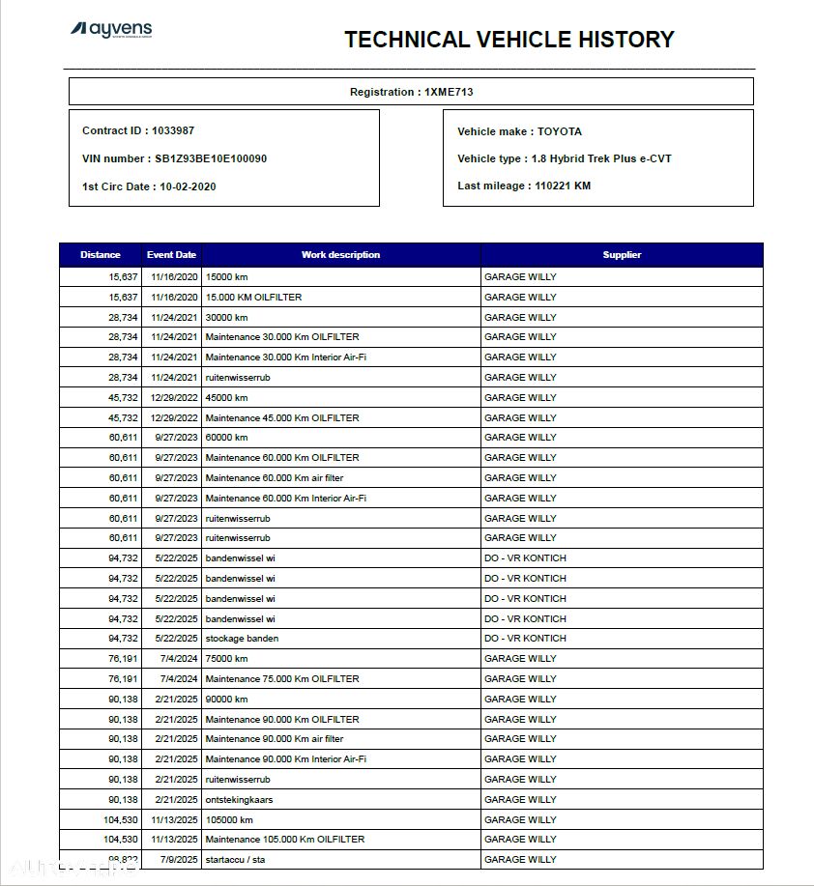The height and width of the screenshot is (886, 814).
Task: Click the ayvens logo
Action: tap(111, 30)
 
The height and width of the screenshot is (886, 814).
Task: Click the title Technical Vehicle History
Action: tap(509, 40)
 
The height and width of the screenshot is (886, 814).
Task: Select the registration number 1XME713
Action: tap(448, 92)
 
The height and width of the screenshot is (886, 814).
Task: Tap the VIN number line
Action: tap(174, 158)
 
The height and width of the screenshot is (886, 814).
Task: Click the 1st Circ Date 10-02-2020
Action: tap(149, 186)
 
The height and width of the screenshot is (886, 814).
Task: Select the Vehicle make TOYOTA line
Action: tap(519, 131)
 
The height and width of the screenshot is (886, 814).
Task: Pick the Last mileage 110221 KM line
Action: tap(523, 186)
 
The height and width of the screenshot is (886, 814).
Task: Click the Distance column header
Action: tap(101, 255)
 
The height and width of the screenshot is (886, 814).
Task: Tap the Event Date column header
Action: tap(171, 255)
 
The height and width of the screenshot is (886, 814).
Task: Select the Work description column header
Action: tap(340, 255)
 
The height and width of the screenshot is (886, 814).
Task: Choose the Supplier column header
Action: tap(622, 255)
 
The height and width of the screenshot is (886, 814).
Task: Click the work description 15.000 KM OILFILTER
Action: tap(253, 297)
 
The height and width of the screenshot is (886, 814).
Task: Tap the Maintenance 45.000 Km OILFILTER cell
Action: tap(282, 417)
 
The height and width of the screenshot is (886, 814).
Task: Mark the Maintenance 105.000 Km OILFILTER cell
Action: tap(285, 839)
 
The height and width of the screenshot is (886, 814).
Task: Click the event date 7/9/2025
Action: tap(177, 859)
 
